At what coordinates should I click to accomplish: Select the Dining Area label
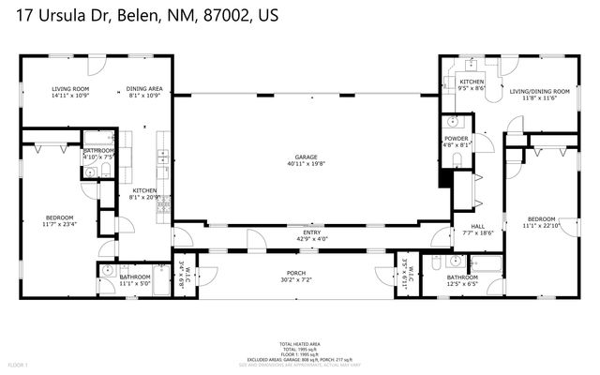143,89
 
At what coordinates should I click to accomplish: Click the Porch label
297,273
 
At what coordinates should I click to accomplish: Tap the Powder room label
457,139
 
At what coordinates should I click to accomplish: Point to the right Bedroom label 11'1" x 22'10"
541,218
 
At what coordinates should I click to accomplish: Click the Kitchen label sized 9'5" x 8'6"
472,82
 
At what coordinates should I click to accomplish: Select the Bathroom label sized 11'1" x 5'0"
135,277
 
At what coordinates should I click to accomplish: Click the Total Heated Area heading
299,344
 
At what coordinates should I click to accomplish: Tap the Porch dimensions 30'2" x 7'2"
297,280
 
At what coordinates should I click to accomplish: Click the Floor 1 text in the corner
18,364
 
